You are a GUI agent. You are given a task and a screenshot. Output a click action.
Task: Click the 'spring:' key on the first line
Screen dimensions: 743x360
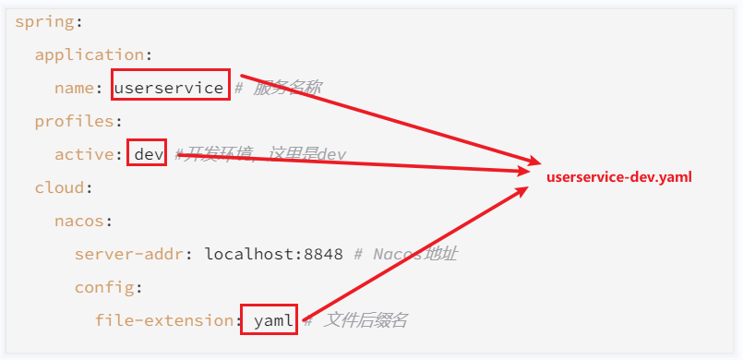tap(42, 20)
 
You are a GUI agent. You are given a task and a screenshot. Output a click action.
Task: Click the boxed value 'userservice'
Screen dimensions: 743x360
tap(169, 88)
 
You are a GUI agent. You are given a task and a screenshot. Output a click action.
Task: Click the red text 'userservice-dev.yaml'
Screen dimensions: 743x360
tap(618, 177)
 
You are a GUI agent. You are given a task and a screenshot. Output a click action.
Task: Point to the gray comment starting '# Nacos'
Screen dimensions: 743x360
tap(415, 254)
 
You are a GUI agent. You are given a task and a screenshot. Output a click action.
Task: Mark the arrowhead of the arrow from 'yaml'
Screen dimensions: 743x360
tap(524, 189)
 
